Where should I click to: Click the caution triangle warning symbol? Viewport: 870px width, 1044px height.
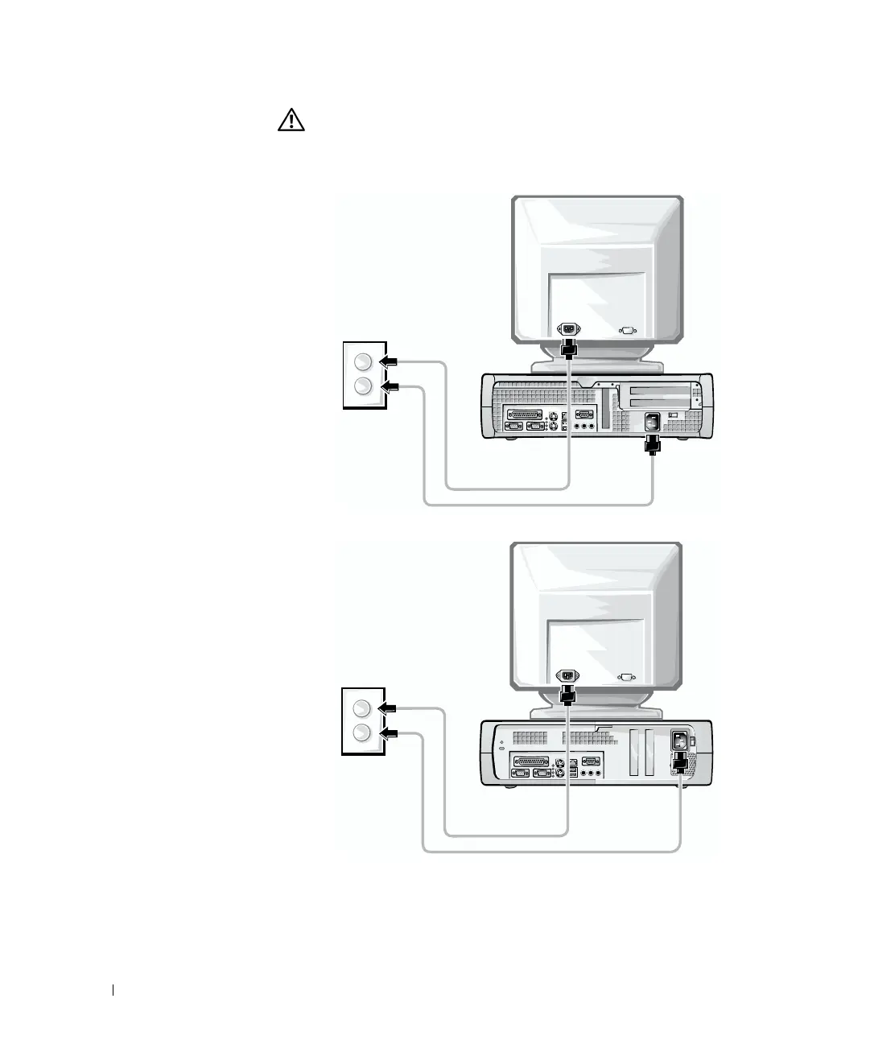[x=291, y=121]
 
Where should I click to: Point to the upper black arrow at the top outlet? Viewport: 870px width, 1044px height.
[x=390, y=361]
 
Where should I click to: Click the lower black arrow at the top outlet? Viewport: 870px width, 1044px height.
[x=390, y=386]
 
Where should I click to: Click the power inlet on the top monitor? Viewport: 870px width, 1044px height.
[x=569, y=329]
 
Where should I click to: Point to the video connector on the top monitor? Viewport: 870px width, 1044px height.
[x=627, y=329]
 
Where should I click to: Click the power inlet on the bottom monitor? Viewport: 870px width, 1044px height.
[x=567, y=676]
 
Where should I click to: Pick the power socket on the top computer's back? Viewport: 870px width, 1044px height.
[x=653, y=420]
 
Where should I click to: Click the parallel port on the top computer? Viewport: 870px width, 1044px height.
[x=523, y=415]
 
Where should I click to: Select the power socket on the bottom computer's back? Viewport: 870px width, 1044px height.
[x=680, y=738]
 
